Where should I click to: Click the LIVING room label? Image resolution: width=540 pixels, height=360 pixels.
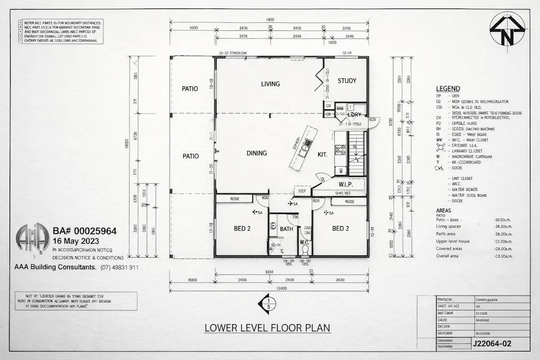(x=270, y=84)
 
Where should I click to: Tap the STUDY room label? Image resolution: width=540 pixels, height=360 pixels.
(x=346, y=81)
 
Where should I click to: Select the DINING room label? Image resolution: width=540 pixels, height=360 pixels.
(x=256, y=154)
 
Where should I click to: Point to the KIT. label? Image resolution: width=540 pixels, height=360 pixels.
(x=322, y=154)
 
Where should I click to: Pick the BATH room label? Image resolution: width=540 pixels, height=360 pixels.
(x=286, y=229)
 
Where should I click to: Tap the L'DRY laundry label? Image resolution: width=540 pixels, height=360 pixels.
(x=354, y=115)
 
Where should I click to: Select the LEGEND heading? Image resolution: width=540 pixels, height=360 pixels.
(x=448, y=89)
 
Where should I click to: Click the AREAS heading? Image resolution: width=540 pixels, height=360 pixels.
(x=446, y=211)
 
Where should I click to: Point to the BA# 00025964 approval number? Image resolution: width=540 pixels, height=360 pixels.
(x=85, y=231)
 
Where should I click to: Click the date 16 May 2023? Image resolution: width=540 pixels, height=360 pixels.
(x=74, y=241)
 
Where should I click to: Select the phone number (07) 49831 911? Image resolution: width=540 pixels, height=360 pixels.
(x=119, y=267)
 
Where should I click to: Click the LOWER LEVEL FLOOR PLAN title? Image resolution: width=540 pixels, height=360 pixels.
(x=268, y=327)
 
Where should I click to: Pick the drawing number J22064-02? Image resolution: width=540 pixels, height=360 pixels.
(x=491, y=344)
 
